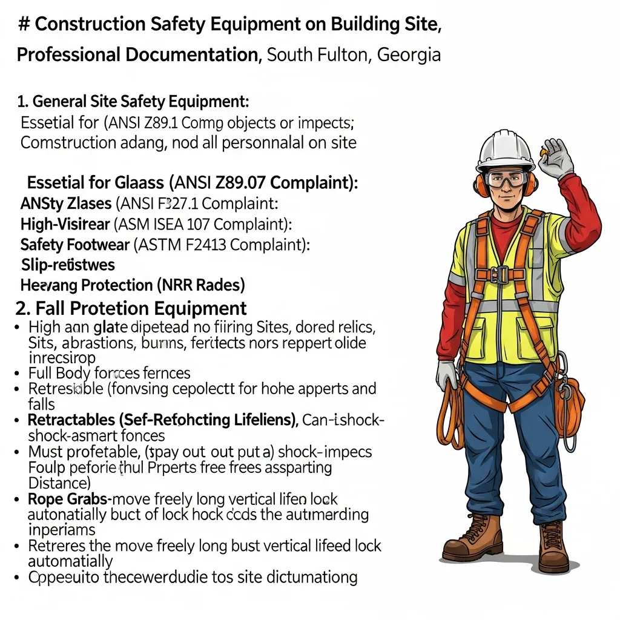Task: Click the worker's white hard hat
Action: (x=506, y=149)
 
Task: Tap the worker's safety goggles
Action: (x=506, y=179)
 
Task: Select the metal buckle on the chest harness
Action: (x=500, y=275)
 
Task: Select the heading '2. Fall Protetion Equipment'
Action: (x=131, y=308)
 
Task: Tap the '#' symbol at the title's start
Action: (x=24, y=24)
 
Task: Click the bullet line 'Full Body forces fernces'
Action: (x=109, y=372)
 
